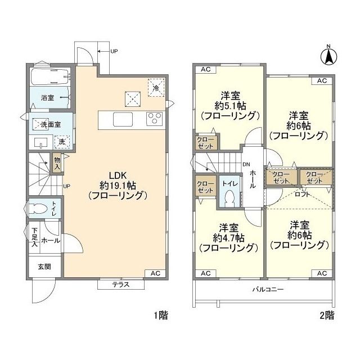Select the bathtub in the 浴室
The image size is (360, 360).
click(49, 76)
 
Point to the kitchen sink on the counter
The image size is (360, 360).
click(122, 119)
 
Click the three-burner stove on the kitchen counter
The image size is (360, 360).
click(154, 119)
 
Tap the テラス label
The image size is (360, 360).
click(121, 285)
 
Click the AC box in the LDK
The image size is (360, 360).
click(156, 273)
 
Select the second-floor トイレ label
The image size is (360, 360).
click(229, 183)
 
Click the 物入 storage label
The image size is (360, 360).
click(57, 163)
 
